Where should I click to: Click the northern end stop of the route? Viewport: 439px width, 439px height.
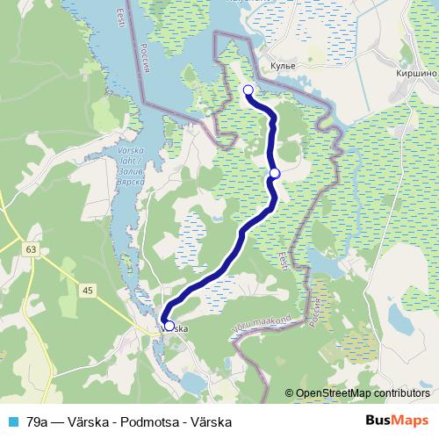pos(248,90)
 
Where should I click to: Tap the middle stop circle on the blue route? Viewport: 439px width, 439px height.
pos(275,173)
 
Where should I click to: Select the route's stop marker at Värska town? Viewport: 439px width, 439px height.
pos(169,327)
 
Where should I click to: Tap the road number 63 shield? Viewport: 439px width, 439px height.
pos(32,250)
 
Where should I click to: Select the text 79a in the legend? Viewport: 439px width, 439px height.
pos(38,421)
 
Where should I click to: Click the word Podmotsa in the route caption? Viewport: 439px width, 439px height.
pos(148,421)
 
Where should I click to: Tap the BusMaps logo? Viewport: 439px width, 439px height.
pos(397,421)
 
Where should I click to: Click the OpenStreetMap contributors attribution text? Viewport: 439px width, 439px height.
pos(362,393)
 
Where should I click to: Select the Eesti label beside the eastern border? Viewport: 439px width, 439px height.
pos(283,262)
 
